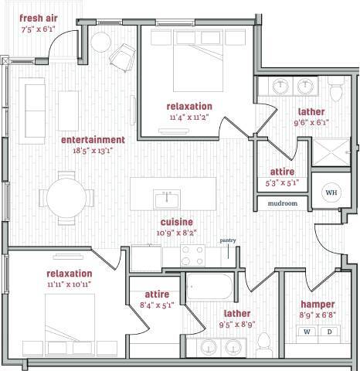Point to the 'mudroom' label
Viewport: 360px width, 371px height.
click(283, 203)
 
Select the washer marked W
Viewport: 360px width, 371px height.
click(307, 332)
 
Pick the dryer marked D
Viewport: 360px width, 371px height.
click(329, 332)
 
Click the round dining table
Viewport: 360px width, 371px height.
click(66, 199)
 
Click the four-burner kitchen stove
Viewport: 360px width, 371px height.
click(192, 255)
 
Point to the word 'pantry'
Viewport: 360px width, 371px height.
click(228, 240)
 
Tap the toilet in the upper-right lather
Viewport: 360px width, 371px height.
click(335, 92)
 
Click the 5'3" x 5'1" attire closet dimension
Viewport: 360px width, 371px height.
click(280, 183)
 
